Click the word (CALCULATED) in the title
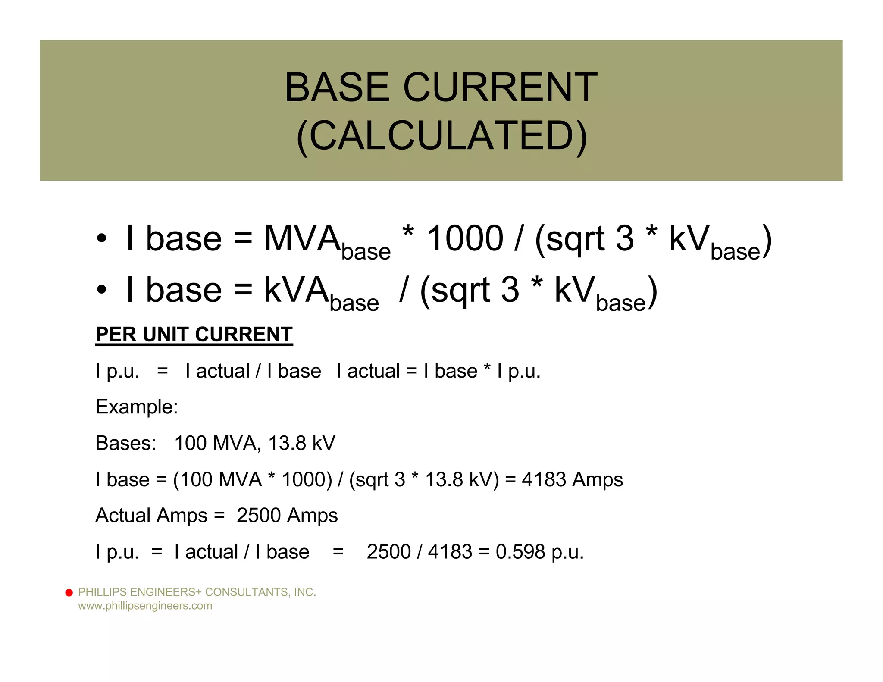pos(441,135)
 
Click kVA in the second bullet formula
pos(296,290)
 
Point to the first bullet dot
pos(101,238)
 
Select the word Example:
pos(137,407)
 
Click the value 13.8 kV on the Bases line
pos(301,443)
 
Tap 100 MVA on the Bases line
pos(217,443)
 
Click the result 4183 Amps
pos(572,479)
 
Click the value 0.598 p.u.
pos(539,552)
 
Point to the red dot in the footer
pos(69,593)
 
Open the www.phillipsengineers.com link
pos(145,606)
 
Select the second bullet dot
pos(101,290)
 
